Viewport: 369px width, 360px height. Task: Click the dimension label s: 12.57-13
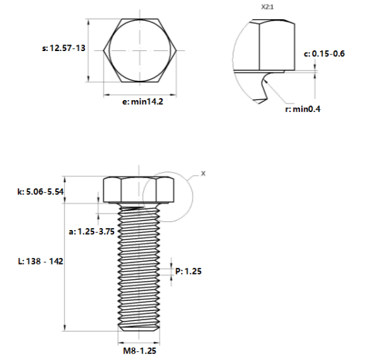coord(64,48)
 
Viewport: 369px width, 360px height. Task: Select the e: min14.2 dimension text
coord(143,102)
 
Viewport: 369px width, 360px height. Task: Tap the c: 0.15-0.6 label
coord(325,54)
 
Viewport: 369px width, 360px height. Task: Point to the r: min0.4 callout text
coord(303,109)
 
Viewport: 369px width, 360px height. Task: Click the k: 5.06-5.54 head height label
coord(40,192)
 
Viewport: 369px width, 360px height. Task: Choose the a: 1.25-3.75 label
coord(92,231)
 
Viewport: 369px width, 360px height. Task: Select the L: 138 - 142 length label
coord(40,261)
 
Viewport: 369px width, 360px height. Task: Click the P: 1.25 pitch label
coord(188,271)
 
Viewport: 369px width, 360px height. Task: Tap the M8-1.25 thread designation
coord(139,351)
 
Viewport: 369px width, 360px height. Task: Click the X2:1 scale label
coord(267,7)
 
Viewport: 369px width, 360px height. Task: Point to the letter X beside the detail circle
coord(203,174)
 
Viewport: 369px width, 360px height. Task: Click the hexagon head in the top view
coord(140,50)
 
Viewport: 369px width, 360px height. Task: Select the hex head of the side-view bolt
coord(139,190)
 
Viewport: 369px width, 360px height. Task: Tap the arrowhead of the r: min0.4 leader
coord(265,81)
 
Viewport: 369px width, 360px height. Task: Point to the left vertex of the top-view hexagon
coord(104,50)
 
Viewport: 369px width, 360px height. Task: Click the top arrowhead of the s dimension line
coord(88,22)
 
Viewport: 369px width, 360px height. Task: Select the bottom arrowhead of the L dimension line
coord(65,328)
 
